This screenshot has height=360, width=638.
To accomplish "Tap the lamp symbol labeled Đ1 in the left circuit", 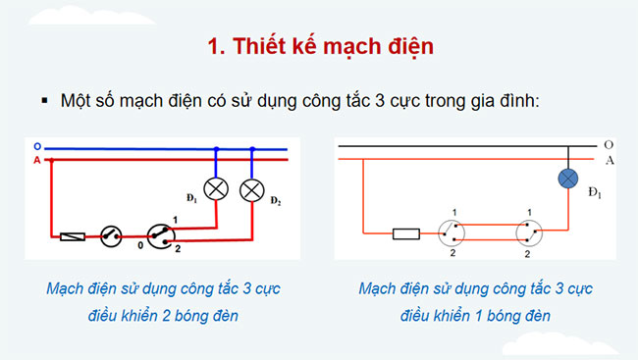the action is pyautogui.click(x=215, y=188).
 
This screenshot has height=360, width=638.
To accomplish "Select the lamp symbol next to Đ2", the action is pyautogui.click(x=253, y=188).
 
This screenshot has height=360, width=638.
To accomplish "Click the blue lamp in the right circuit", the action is pyautogui.click(x=568, y=179).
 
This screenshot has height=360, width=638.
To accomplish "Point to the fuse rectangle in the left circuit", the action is pyautogui.click(x=73, y=235).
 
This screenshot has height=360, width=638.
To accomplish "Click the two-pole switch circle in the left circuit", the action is pyautogui.click(x=111, y=234).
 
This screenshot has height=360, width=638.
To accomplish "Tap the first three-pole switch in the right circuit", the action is pyautogui.click(x=452, y=233).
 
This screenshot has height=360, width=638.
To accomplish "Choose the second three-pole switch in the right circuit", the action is pyautogui.click(x=530, y=233).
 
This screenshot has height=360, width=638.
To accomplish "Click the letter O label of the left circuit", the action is pyautogui.click(x=36, y=145).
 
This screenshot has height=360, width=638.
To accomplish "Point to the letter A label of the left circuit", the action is pyautogui.click(x=36, y=159).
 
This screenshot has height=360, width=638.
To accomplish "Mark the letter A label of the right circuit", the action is pyautogui.click(x=610, y=160).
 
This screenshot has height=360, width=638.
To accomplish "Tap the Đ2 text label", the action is pyautogui.click(x=276, y=202).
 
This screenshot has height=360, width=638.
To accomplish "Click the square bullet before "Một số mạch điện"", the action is pyautogui.click(x=44, y=100).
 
